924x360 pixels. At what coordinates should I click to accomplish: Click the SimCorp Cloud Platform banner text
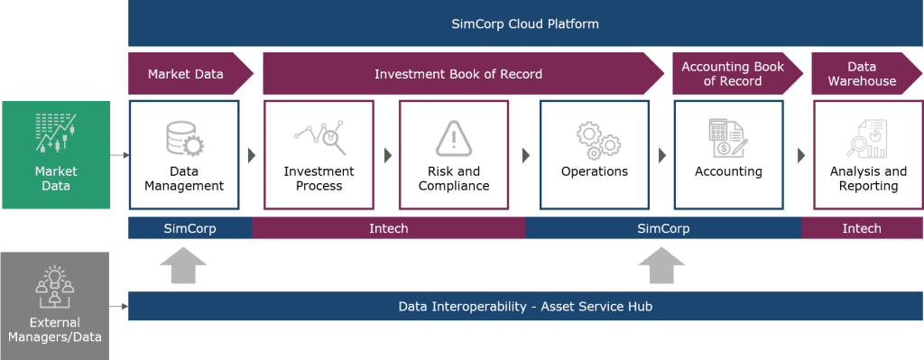(x=525, y=23)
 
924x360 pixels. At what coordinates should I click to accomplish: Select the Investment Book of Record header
(x=458, y=73)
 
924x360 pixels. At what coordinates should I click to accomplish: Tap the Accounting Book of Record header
(x=732, y=74)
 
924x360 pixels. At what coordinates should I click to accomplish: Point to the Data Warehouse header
(x=861, y=74)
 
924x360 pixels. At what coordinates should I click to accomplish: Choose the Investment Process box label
(x=319, y=179)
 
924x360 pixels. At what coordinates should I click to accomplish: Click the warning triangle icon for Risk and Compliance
(x=454, y=138)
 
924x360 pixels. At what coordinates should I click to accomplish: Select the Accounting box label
(x=728, y=171)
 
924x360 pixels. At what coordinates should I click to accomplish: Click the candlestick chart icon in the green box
(x=55, y=133)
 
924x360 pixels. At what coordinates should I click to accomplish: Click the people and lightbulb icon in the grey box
(x=55, y=285)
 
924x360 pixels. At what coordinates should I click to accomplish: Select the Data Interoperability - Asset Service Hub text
(x=525, y=307)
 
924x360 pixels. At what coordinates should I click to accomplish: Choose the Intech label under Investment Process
(x=389, y=228)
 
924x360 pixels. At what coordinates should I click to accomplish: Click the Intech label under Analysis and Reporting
(x=862, y=228)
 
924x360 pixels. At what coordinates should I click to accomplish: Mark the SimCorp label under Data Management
(x=189, y=228)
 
